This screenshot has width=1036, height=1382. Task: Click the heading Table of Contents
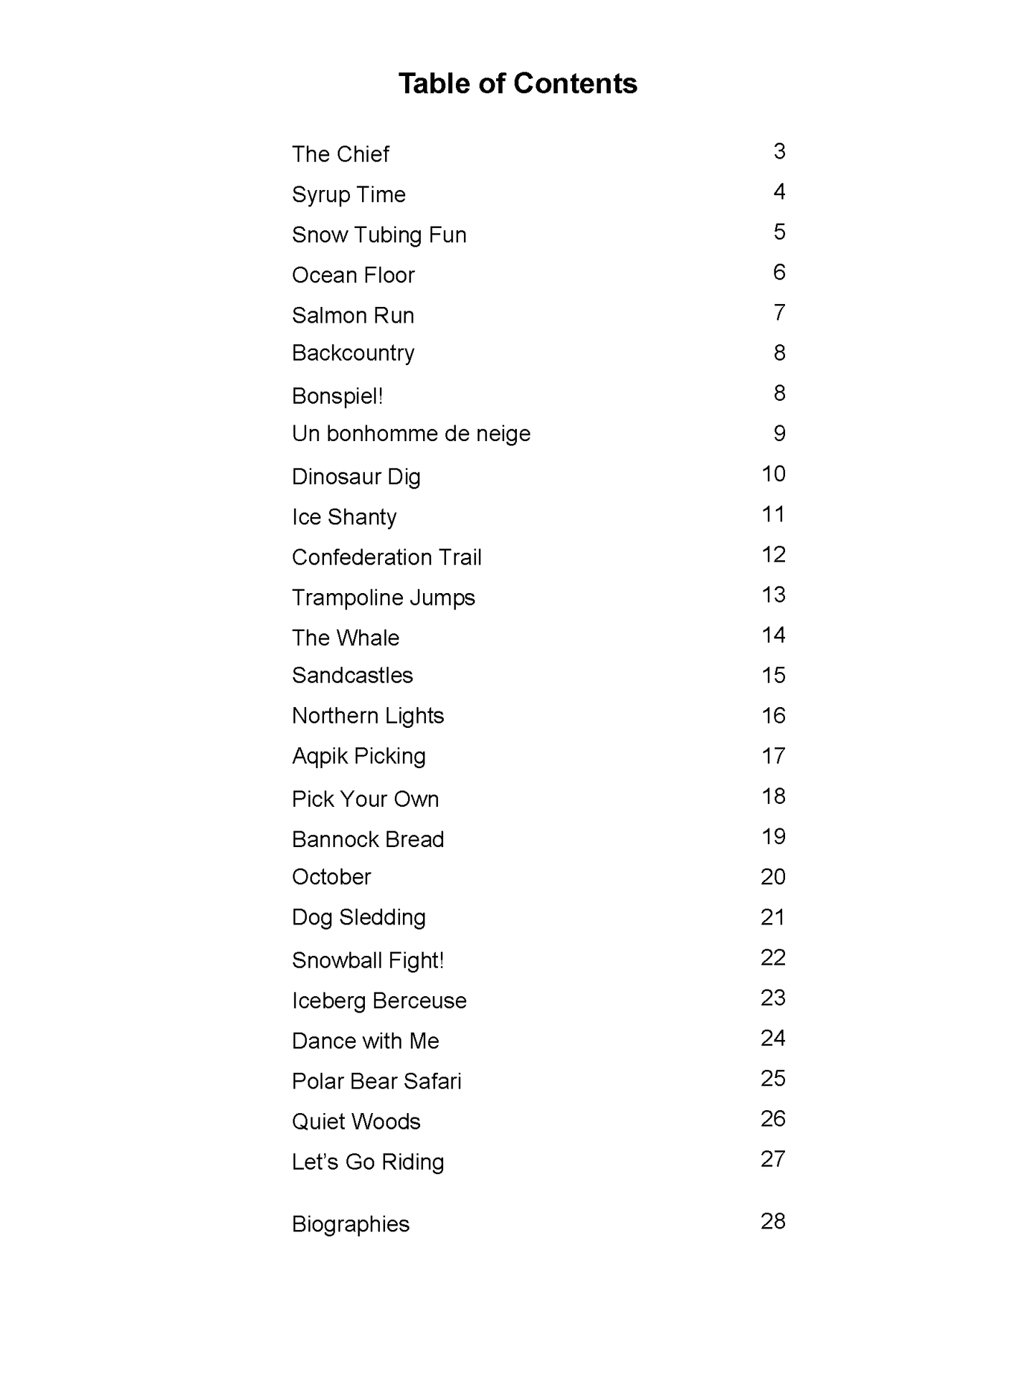[x=518, y=84]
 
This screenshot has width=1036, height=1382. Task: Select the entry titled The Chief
[x=341, y=154]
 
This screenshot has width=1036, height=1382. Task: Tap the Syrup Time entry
[x=348, y=195]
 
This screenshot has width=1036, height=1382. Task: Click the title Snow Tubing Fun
[x=379, y=235]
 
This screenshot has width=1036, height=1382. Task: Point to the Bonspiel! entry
[x=337, y=396]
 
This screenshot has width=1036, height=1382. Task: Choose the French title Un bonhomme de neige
[x=411, y=434]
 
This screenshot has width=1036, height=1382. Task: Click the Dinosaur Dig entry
[x=356, y=477]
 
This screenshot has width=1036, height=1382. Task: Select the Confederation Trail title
[x=386, y=557]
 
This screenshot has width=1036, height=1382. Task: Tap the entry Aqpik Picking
[x=358, y=756]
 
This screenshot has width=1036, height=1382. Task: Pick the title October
[x=331, y=876]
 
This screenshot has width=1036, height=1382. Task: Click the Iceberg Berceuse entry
[x=379, y=1000]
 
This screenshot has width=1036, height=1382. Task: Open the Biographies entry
[x=351, y=1224]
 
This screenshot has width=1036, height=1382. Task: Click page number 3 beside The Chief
[x=779, y=151]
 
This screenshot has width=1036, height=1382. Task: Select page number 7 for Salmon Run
[x=779, y=313]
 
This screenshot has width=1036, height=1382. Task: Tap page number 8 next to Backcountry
[x=779, y=353]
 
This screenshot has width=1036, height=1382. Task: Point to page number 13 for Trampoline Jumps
[x=774, y=595]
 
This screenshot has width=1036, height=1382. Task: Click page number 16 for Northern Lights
[x=774, y=716]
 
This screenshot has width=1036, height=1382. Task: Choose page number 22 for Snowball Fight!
[x=773, y=957]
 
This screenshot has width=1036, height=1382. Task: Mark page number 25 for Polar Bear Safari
[x=773, y=1078]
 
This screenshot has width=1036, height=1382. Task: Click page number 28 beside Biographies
[x=773, y=1221]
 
